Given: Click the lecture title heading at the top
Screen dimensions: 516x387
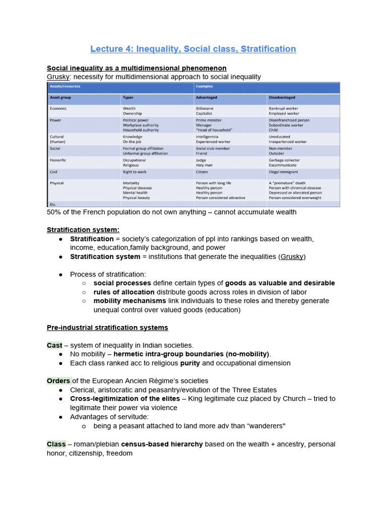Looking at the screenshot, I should click(x=193, y=49).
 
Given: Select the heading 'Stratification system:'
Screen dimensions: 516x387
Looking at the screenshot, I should click(x=83, y=230).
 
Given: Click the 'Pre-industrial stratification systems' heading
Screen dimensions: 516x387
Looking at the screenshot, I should click(x=107, y=328).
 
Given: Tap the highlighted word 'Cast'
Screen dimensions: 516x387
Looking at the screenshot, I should click(x=54, y=345).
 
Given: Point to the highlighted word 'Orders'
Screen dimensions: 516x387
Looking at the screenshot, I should click(x=59, y=380).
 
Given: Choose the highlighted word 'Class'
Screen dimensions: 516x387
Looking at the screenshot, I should click(x=56, y=444).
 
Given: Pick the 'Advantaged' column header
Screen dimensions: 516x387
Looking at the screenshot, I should click(x=207, y=97).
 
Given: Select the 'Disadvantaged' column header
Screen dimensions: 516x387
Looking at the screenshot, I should click(x=282, y=97).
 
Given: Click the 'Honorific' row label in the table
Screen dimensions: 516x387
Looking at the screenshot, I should click(x=58, y=160).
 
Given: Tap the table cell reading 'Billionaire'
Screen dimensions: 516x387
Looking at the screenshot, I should click(x=205, y=108).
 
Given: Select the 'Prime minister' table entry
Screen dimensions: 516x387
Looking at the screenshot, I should click(x=208, y=120).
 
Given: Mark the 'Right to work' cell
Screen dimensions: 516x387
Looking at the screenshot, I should click(x=135, y=172).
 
